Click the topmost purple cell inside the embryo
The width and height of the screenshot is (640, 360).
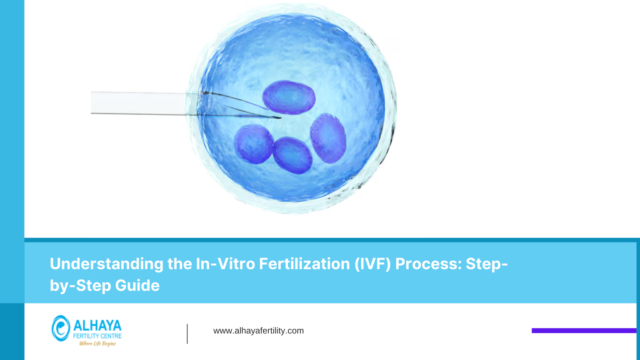coord(289,97)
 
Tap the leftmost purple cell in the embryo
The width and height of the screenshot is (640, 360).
coord(253,144)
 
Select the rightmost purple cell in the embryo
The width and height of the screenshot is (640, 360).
coord(328,138)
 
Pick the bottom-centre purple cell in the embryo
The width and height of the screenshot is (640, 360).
coord(292,155)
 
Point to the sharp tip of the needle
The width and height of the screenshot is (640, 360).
coord(280,118)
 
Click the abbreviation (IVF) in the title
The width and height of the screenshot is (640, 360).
coord(372,264)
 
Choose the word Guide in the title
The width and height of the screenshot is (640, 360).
coord(137,285)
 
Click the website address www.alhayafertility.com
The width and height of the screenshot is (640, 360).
coord(258,331)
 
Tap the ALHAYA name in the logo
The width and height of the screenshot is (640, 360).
coord(97,325)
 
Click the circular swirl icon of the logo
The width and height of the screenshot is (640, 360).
coord(60,328)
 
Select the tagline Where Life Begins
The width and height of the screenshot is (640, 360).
coord(97,344)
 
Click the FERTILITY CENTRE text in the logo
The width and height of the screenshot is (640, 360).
coord(97,336)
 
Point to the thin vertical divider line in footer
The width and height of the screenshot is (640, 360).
coord(187,334)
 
